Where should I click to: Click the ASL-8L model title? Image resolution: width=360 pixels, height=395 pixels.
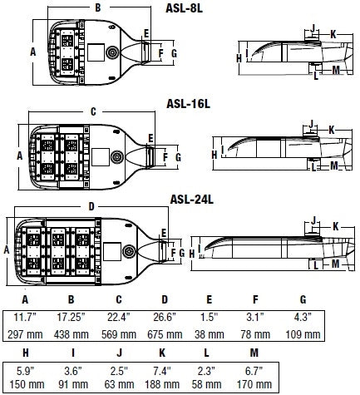tap(184, 8)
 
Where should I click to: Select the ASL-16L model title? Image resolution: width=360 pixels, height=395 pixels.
tap(188, 104)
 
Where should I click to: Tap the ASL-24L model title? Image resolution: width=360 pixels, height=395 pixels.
tap(191, 200)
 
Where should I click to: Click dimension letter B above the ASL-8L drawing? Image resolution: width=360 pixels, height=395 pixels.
tap(98, 7)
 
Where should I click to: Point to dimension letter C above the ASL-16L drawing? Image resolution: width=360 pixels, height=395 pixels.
tap(93, 111)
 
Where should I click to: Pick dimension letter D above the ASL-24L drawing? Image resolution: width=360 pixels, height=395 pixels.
tap(91, 207)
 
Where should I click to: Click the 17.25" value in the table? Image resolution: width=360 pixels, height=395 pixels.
tap(72, 317)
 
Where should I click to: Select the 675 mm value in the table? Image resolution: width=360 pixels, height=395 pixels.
tap(165, 334)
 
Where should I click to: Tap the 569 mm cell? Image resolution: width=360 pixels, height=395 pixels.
tap(119, 334)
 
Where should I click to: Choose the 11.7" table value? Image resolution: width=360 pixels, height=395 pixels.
tap(25, 317)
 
